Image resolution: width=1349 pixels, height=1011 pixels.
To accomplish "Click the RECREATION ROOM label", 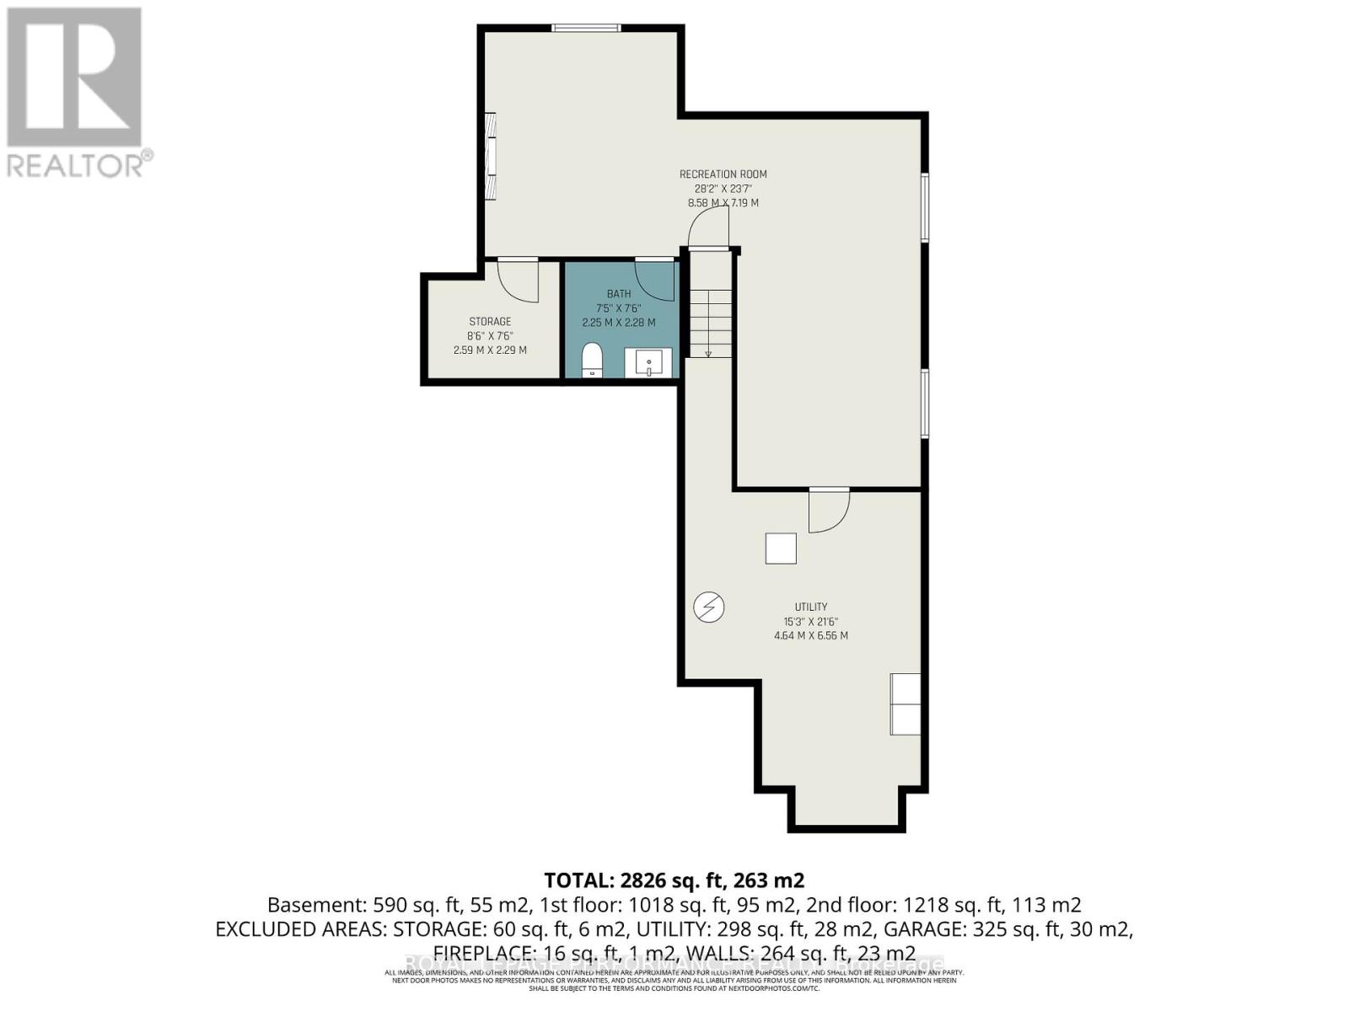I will pyautogui.click(x=723, y=174).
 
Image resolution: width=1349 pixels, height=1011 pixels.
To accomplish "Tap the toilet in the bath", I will pyautogui.click(x=593, y=361).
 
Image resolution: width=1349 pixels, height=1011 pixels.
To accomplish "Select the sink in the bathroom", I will pyautogui.click(x=648, y=363).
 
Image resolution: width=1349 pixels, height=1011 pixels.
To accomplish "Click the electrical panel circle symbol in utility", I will pyautogui.click(x=709, y=607).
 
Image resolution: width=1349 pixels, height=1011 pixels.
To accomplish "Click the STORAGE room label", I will pyautogui.click(x=490, y=322).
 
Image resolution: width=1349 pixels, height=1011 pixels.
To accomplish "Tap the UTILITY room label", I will pyautogui.click(x=810, y=607).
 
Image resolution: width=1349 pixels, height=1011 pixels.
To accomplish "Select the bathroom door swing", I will pyautogui.click(x=655, y=281).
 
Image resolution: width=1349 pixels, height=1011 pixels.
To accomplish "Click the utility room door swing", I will pyautogui.click(x=828, y=511).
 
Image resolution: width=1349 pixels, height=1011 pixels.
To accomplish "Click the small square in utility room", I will pyautogui.click(x=781, y=548).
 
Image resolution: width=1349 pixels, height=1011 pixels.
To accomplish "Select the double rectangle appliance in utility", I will pyautogui.click(x=906, y=703).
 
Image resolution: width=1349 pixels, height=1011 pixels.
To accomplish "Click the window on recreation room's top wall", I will pyautogui.click(x=587, y=28).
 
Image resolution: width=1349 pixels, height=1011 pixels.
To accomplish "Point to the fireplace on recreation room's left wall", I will pyautogui.click(x=491, y=156).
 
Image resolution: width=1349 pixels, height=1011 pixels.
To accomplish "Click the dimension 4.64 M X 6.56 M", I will pyautogui.click(x=810, y=635).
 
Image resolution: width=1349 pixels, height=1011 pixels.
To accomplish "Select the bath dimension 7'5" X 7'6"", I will pyautogui.click(x=618, y=308).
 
